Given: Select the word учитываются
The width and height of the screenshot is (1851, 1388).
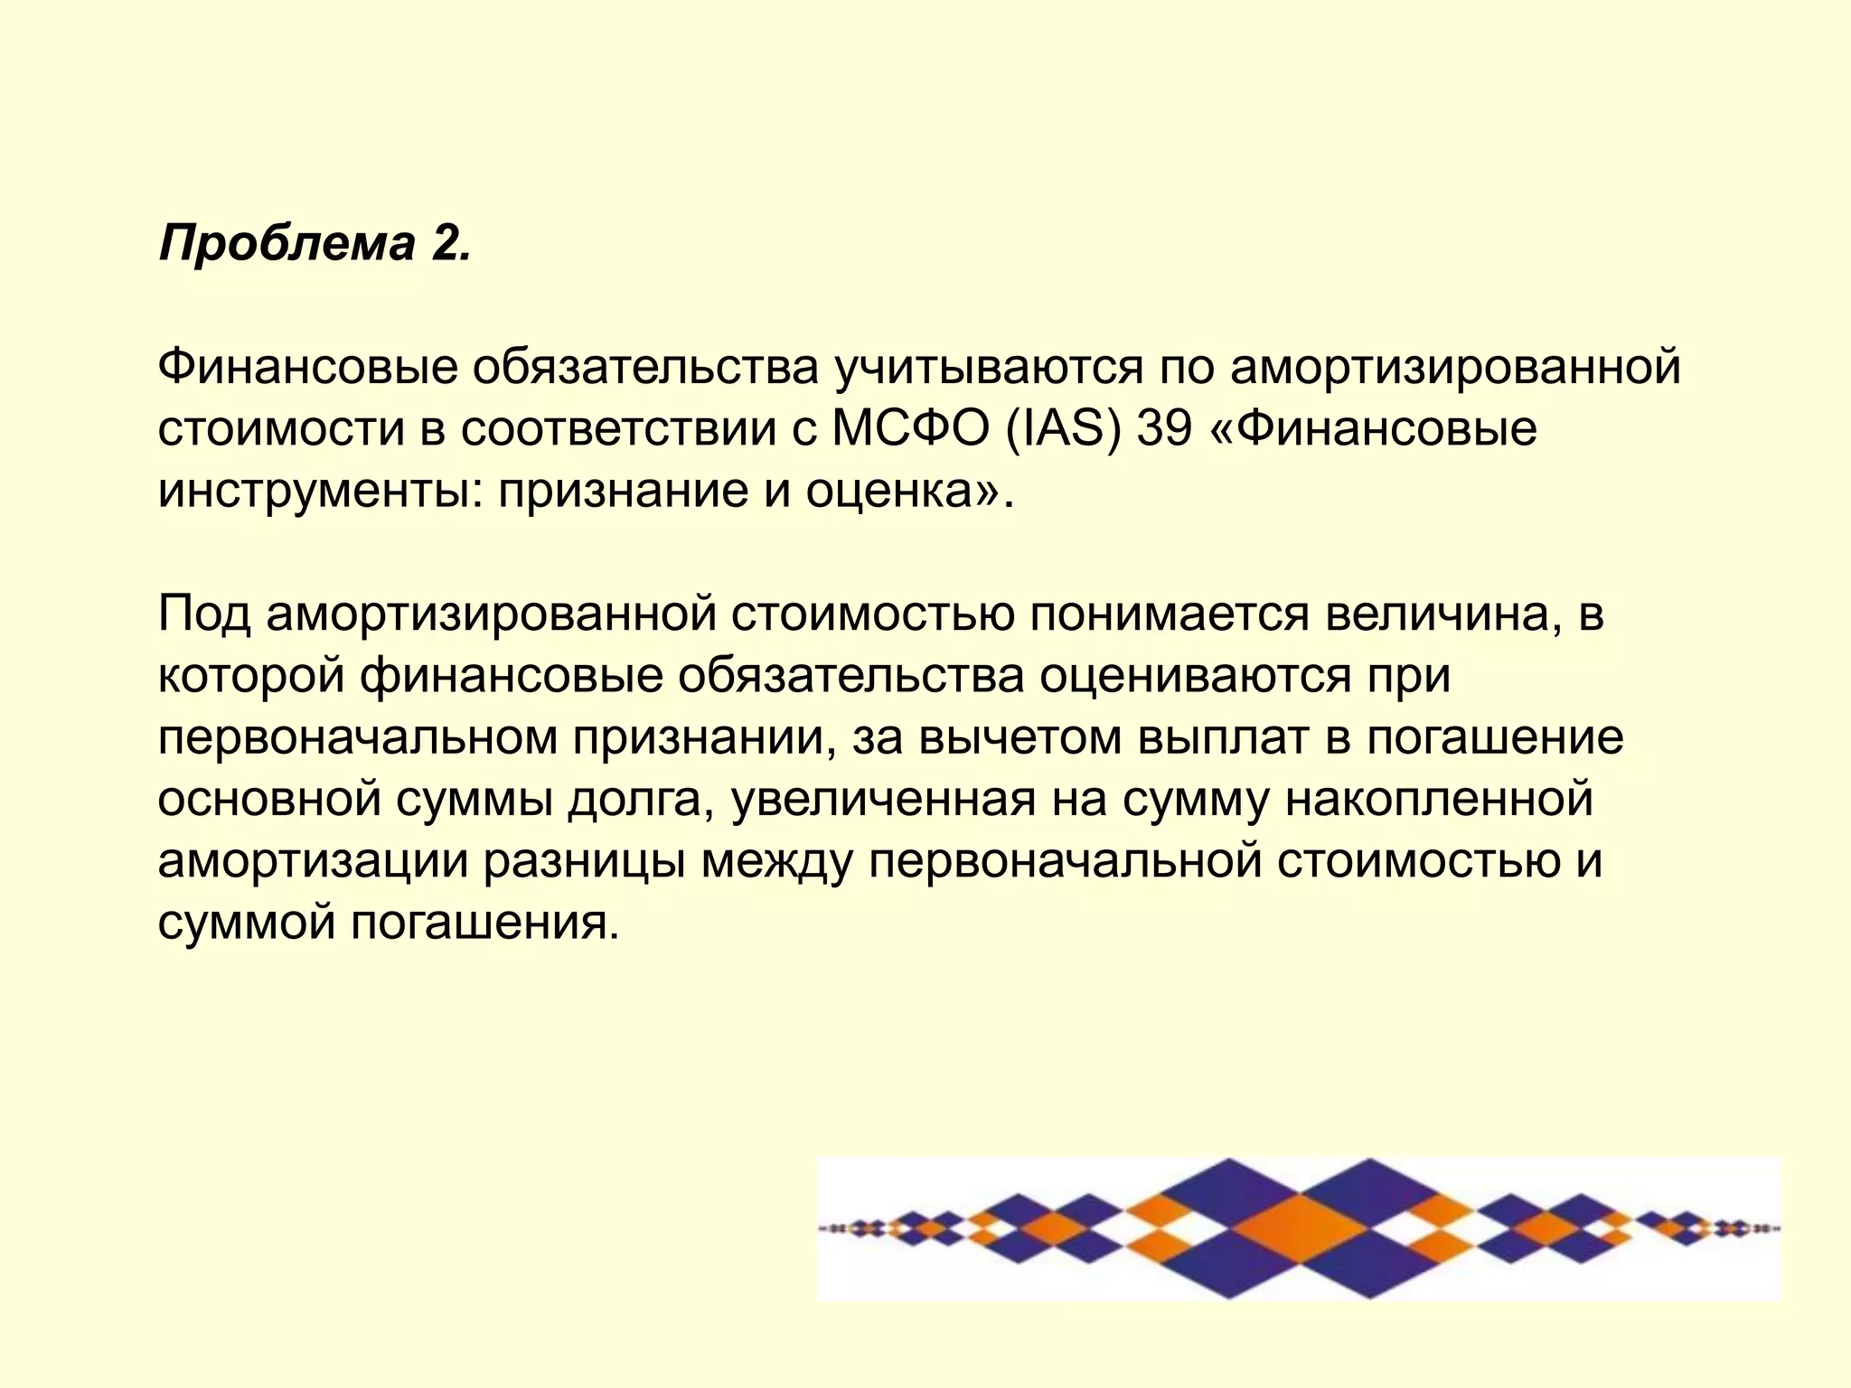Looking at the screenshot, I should (989, 368).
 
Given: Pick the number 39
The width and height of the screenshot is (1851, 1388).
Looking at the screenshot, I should (1164, 429).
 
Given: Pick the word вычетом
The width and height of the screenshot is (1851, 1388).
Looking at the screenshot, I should (1021, 738).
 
